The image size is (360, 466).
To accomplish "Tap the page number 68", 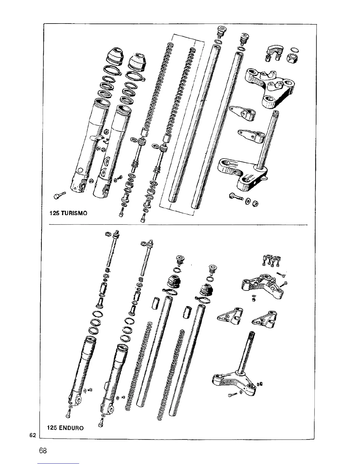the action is point(43,450).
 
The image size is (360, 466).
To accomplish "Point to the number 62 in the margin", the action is point(33,435).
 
